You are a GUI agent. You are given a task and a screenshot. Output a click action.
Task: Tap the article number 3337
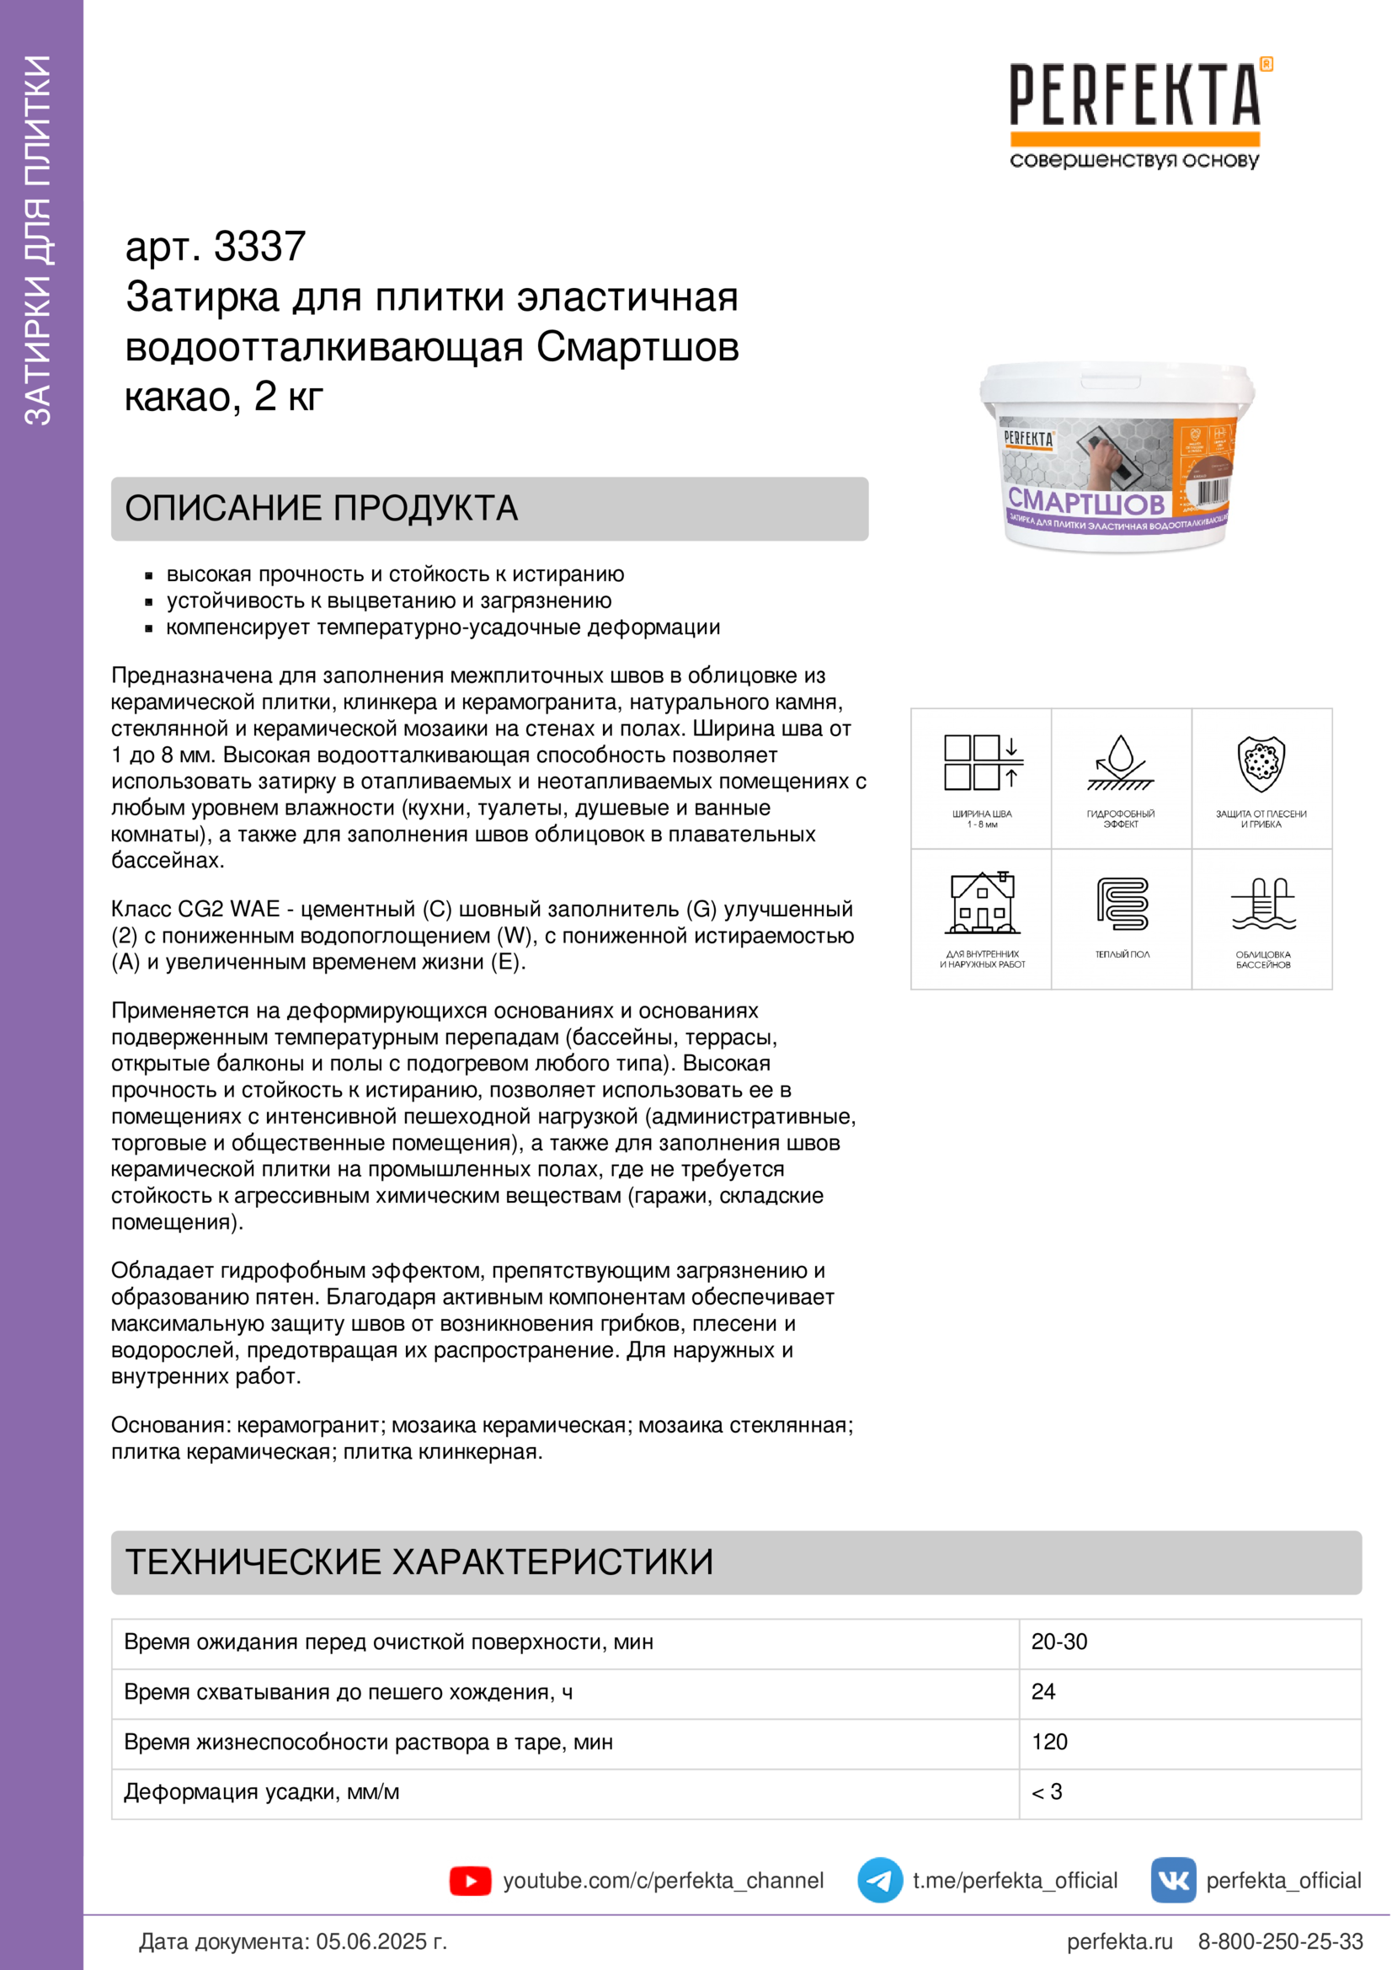pos(259,247)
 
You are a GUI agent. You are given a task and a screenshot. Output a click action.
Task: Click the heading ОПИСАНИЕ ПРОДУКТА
pos(322,508)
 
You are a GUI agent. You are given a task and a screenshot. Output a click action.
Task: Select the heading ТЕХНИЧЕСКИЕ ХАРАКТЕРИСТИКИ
pos(419,1562)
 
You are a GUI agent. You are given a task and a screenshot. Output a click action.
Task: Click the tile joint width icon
pos(982,762)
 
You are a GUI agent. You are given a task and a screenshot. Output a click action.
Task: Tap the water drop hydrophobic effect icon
pos(1120,762)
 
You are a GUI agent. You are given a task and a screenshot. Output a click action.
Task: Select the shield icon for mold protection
pos(1261,763)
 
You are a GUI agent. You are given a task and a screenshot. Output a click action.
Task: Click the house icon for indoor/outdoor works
pos(982,904)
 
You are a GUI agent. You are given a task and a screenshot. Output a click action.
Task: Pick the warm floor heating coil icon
pos(1122,904)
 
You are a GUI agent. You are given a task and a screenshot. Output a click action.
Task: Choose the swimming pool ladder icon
pos(1262,904)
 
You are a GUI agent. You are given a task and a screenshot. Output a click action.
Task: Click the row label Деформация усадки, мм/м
pos(262,1791)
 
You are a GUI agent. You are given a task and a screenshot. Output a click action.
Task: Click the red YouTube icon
pos(470,1881)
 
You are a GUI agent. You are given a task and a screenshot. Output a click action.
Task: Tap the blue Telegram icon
pos(879,1880)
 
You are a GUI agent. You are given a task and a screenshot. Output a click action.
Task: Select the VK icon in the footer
pos(1172,1880)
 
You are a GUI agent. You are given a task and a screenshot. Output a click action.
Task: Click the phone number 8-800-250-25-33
pos(1280,1941)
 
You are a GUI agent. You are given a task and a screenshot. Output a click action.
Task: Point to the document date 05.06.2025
pos(381,1941)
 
